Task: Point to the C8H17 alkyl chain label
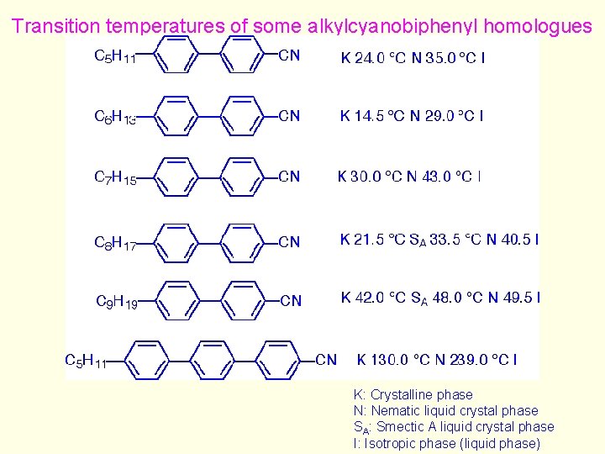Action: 115,243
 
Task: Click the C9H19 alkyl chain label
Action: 117,301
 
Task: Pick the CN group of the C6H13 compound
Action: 289,116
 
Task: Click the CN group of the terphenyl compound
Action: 326,360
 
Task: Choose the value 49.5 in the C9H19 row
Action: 518,298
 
